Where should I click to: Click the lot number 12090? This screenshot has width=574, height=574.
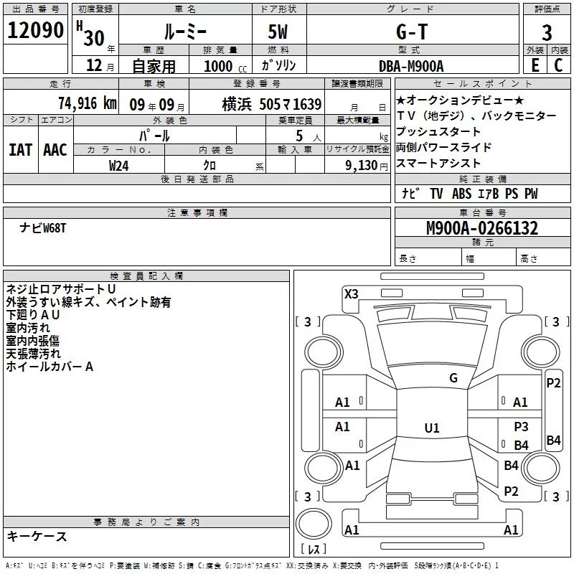[x=36, y=32]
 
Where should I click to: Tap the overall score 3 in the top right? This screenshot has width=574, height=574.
[x=547, y=33]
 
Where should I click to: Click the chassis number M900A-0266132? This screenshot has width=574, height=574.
[x=482, y=229]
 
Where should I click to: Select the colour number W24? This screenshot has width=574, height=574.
[x=119, y=165]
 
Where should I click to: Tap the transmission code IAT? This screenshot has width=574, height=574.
[x=20, y=149]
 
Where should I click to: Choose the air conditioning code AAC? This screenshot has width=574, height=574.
[x=55, y=149]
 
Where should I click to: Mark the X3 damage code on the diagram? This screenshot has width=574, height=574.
[x=351, y=293]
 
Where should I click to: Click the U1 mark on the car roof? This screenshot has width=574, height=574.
[x=431, y=428]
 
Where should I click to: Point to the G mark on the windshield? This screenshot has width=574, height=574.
[x=453, y=378]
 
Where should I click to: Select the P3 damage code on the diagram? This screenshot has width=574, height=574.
[x=521, y=426]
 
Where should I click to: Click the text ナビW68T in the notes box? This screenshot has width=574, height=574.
[x=43, y=228]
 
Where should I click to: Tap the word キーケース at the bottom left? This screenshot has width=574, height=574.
[x=37, y=537]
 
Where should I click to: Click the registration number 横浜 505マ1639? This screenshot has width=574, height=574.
[x=272, y=103]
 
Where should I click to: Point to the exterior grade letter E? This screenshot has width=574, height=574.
[x=535, y=65]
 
